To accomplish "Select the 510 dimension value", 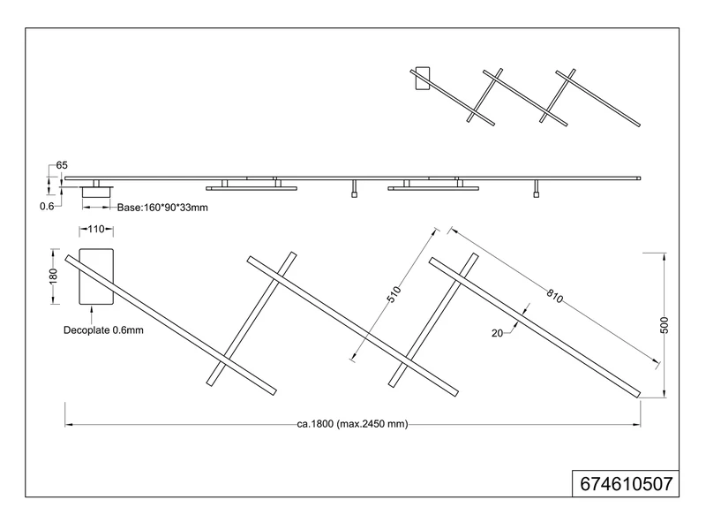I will [x=394, y=293].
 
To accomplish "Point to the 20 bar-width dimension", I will [x=497, y=332].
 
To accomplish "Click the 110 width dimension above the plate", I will [x=96, y=230].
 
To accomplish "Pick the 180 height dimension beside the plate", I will [x=54, y=277].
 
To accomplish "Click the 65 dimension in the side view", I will [x=62, y=166].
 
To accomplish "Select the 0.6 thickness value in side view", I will [x=48, y=206].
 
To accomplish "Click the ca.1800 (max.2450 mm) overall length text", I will [x=353, y=424].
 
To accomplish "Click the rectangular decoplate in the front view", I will [x=96, y=276].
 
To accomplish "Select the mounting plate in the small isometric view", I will [x=421, y=79].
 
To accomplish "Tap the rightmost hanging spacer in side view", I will [x=536, y=189].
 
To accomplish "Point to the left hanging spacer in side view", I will [x=353, y=189].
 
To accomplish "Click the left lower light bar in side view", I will [x=252, y=188].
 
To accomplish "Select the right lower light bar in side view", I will [x=433, y=188].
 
